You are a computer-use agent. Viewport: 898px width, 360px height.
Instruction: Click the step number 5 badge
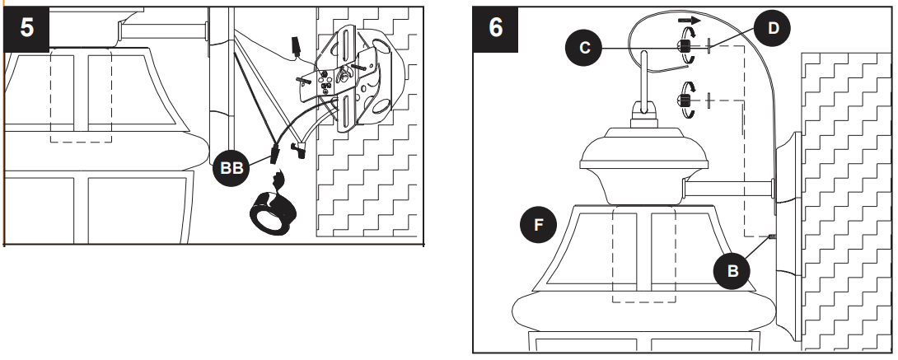(x=27, y=27)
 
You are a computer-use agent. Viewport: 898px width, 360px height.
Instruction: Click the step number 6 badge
(x=496, y=27)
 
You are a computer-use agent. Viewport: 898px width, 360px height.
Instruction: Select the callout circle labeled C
(x=584, y=48)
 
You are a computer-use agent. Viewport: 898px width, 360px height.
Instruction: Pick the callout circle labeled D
(x=772, y=28)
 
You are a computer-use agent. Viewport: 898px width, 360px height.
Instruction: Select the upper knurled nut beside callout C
(x=683, y=49)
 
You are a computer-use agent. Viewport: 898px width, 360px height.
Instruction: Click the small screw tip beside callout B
(x=773, y=238)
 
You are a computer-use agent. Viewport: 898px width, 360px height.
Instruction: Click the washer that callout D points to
(x=708, y=49)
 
